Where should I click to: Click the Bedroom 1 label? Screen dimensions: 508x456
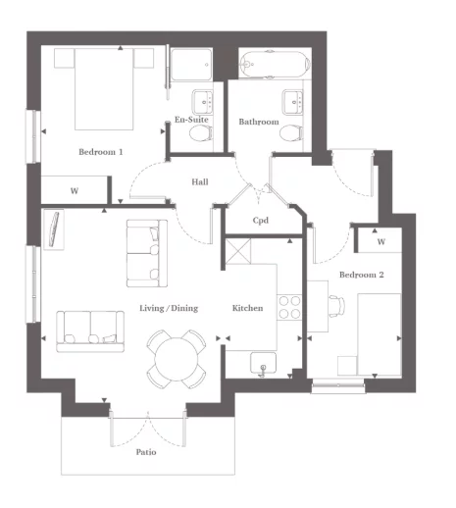(x=101, y=152)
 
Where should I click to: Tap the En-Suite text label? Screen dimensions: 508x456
(x=191, y=121)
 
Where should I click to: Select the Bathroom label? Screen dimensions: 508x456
(x=259, y=122)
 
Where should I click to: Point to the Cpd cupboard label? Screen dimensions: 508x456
(x=261, y=221)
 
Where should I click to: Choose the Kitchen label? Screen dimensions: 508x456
(x=247, y=308)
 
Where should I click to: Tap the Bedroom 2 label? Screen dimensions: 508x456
(x=361, y=276)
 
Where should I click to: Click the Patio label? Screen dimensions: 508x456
(x=146, y=452)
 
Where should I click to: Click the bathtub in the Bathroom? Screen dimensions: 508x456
(x=275, y=64)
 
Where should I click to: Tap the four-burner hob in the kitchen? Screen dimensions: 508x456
(x=289, y=307)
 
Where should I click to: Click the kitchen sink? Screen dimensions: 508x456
(x=264, y=364)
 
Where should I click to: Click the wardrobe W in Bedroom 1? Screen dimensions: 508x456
(x=74, y=190)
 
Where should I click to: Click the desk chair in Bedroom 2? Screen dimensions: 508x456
(x=334, y=308)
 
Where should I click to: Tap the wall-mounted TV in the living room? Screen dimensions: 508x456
(x=55, y=229)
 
